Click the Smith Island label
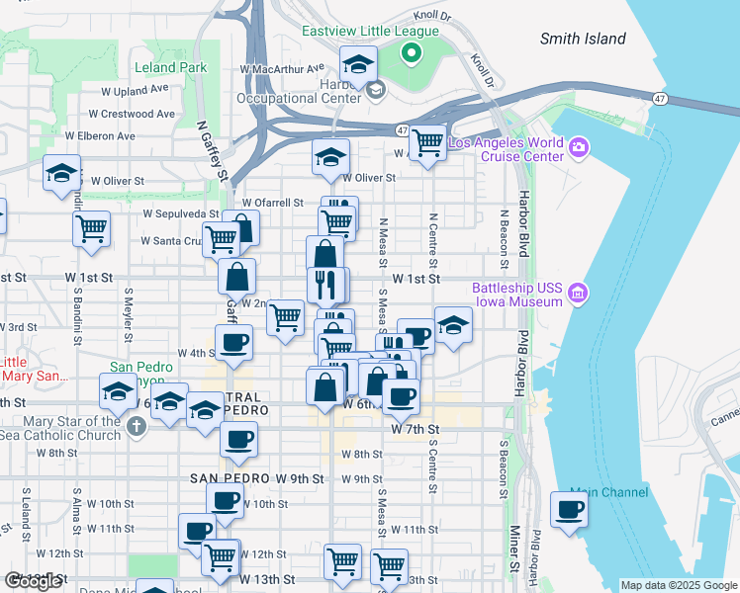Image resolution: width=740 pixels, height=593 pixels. click(583, 39)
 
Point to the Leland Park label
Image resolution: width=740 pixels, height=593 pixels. click(172, 67)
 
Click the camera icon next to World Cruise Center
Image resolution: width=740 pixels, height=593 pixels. click(578, 149)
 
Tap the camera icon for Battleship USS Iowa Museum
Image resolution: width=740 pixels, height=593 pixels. click(578, 293)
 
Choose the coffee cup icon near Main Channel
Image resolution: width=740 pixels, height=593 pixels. click(570, 510)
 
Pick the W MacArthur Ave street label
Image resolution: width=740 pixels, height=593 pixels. click(282, 69)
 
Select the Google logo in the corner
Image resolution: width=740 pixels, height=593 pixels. click(33, 581)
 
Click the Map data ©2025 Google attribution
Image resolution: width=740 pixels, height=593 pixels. click(678, 585)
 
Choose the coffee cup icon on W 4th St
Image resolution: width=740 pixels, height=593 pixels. click(234, 343)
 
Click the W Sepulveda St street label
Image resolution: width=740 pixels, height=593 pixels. click(180, 212)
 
